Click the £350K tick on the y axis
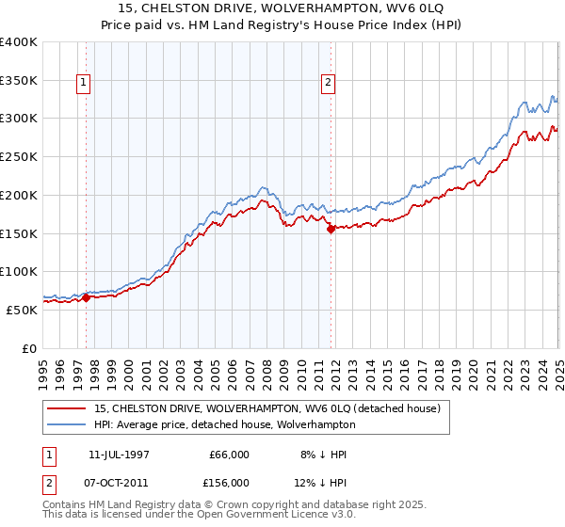tap(19, 81)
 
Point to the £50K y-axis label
tap(21, 310)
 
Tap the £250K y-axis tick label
tap(19, 157)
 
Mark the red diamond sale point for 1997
tap(86, 298)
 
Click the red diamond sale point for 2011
tap(331, 228)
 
